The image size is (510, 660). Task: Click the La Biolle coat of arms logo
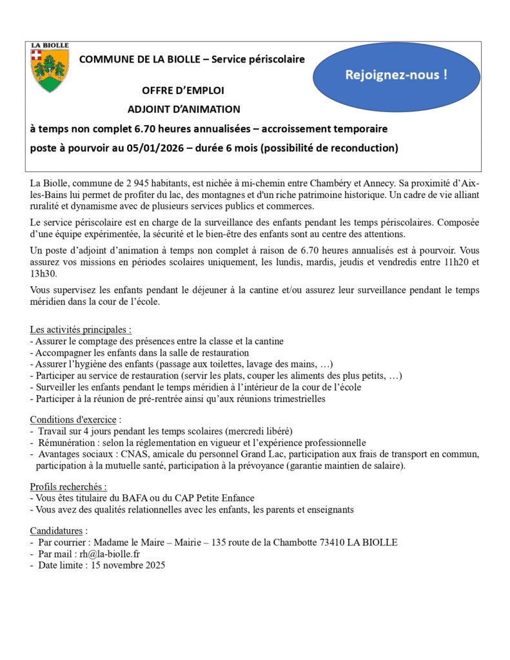pos(50,68)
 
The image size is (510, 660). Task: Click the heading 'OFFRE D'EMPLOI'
pos(183,90)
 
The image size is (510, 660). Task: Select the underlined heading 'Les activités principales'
pos(80,330)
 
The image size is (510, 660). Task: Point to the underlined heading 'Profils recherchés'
pos(68,487)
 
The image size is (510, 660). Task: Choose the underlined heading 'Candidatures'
pos(58,531)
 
